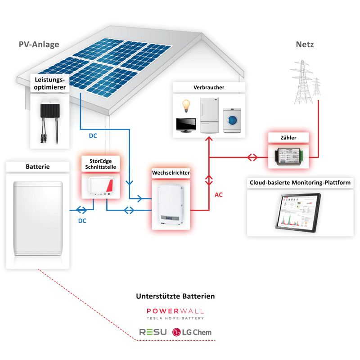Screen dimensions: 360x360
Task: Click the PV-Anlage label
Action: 39,45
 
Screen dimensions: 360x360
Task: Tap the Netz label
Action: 305,45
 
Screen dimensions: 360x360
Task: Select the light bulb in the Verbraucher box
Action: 184,106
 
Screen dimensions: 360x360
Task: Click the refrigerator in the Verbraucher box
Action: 209,114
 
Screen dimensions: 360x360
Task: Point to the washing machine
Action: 233,120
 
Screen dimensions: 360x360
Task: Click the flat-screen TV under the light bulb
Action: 185,125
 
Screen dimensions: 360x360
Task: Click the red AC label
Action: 218,195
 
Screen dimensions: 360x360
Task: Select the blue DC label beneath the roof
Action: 92,135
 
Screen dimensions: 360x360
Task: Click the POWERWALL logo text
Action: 175,311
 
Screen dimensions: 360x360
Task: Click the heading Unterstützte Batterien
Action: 175,296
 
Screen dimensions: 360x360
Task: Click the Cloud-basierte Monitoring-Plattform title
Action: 300,183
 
